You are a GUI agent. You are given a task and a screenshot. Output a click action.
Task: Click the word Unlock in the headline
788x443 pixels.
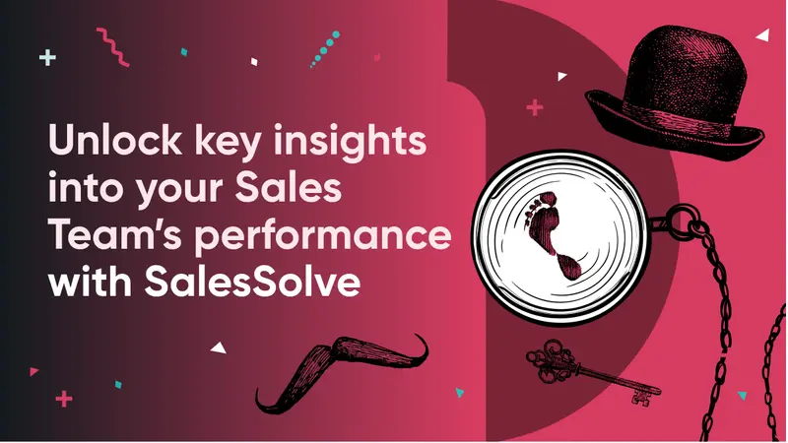click(x=115, y=140)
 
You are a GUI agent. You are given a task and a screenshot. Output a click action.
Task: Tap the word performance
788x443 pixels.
click(x=323, y=236)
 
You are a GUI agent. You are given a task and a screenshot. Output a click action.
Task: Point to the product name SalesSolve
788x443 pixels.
click(x=252, y=282)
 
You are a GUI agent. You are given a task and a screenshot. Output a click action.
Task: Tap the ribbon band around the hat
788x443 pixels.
click(x=676, y=119)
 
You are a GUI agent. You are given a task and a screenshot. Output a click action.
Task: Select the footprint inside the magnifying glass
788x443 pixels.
click(x=551, y=234)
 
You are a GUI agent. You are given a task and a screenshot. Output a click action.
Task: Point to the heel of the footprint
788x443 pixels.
click(x=570, y=267)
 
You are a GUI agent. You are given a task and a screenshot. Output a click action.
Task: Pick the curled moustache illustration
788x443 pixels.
click(x=342, y=372)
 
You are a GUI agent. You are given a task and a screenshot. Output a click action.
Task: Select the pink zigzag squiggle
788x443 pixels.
click(x=112, y=47)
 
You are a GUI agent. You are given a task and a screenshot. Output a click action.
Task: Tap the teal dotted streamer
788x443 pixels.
click(x=325, y=49)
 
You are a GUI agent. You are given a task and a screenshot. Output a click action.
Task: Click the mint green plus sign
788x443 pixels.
click(x=47, y=58)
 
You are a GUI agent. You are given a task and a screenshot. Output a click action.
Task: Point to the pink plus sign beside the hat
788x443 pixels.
click(x=535, y=107)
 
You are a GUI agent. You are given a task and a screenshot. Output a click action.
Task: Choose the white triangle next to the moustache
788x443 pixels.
click(x=219, y=348)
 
